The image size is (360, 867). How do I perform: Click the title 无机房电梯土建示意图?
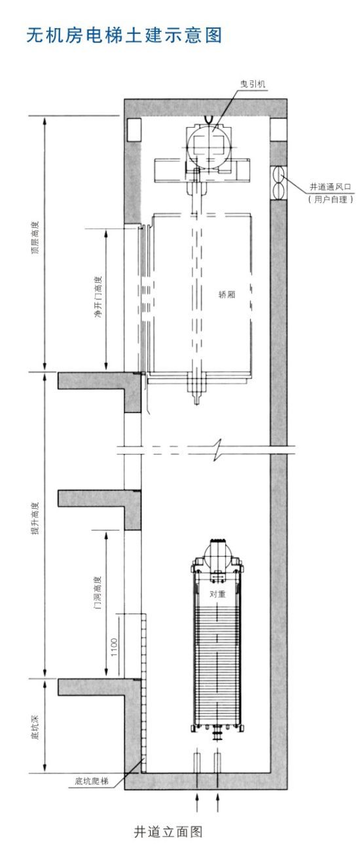(124, 35)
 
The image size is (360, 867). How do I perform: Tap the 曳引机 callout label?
(253, 84)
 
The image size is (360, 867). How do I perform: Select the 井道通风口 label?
(331, 187)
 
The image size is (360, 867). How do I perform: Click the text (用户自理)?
(331, 200)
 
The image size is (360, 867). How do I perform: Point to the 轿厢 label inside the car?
(226, 295)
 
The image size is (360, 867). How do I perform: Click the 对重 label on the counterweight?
(217, 593)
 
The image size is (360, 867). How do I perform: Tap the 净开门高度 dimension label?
(99, 297)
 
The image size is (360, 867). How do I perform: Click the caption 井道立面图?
(168, 831)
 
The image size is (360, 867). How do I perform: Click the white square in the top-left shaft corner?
(134, 130)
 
